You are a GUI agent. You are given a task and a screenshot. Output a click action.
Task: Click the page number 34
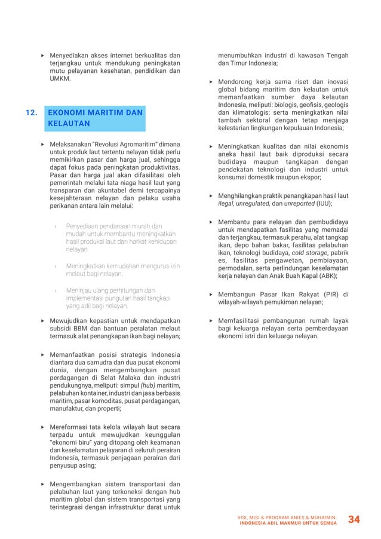[x=354, y=519]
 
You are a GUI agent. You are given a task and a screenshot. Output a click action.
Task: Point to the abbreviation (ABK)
[x=325, y=276]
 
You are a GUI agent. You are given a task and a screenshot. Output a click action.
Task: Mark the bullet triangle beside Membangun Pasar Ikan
[x=211, y=294]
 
